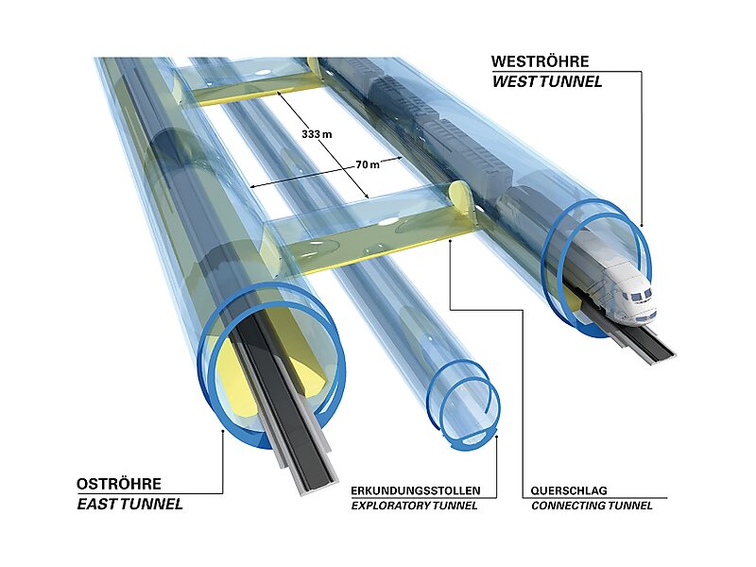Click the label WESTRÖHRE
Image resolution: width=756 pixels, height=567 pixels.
click(x=540, y=61)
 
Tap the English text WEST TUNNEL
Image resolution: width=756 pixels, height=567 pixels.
click(x=546, y=81)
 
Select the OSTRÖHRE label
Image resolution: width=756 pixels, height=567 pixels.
click(x=118, y=484)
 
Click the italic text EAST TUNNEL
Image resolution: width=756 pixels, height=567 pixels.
click(x=129, y=504)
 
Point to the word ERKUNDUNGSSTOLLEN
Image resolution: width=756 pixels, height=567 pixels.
click(x=416, y=491)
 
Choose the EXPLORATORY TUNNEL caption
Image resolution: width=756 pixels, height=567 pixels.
click(x=414, y=507)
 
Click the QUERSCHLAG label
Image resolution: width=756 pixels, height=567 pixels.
click(x=569, y=491)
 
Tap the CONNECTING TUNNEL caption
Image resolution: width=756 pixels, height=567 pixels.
click(x=592, y=507)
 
